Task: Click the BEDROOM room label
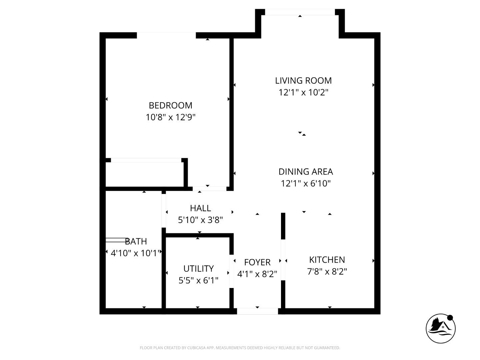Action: [x=170, y=105]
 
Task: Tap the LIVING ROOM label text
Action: [x=303, y=80]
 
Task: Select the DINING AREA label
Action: [x=306, y=171]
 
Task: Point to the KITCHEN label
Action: [x=327, y=260]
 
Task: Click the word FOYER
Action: [x=257, y=262]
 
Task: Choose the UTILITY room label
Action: [x=198, y=268]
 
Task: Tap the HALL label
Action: [x=200, y=208]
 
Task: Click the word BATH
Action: [x=136, y=241]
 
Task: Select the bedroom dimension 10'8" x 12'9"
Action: [x=170, y=117]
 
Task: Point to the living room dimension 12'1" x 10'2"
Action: [x=303, y=92]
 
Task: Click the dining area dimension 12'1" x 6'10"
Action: [x=306, y=183]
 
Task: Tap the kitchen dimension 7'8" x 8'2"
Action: [x=327, y=272]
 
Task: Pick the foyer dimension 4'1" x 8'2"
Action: [x=257, y=274]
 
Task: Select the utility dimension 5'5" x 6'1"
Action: [x=198, y=280]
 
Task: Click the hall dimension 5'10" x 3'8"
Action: [x=200, y=220]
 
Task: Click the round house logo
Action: [x=441, y=328]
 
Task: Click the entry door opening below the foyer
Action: [x=257, y=311]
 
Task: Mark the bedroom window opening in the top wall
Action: [x=166, y=35]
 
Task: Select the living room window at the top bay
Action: [x=300, y=12]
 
